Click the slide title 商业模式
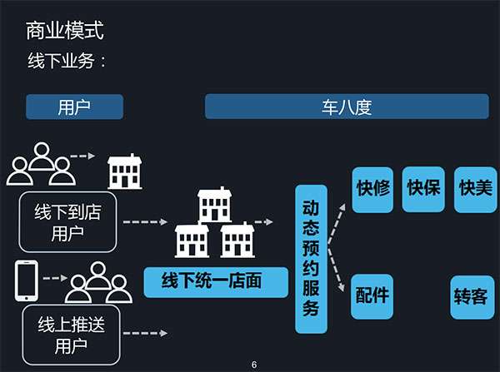coord(66,32)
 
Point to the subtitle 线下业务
coord(67,62)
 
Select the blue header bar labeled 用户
coord(74,107)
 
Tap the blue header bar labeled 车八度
coord(346,107)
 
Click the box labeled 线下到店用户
coord(67,222)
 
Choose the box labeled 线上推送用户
coord(67,335)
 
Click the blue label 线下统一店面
coord(212,281)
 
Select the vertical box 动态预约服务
coord(311,260)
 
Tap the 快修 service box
coord(372,190)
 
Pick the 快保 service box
coord(423,190)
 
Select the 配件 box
coord(372,296)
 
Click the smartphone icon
coord(26,281)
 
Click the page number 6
coord(254,365)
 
